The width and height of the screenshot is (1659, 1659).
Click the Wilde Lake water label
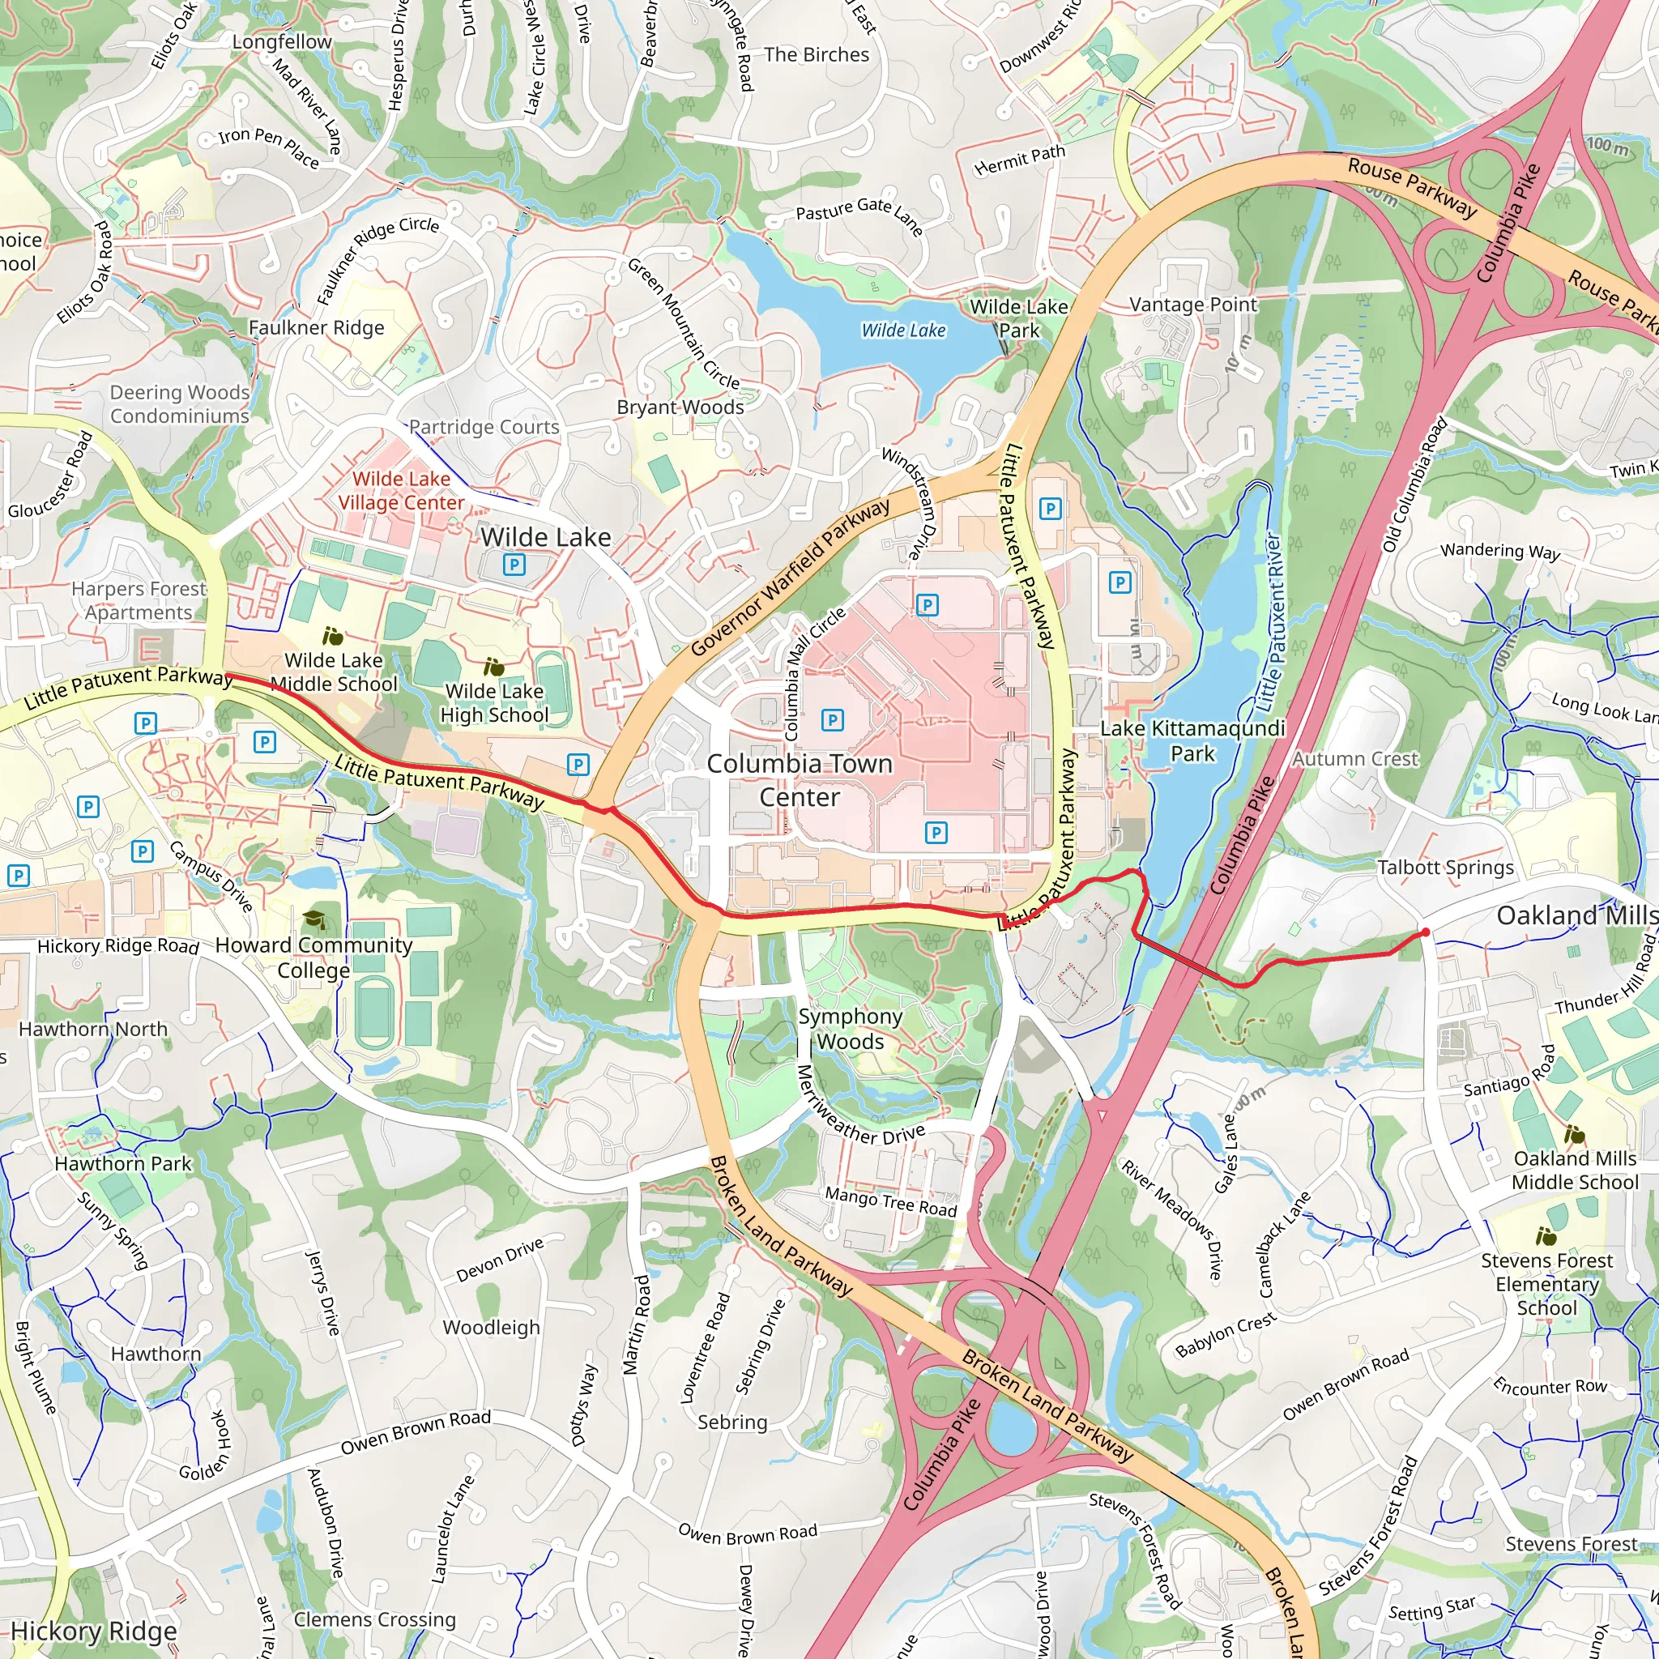[903, 331]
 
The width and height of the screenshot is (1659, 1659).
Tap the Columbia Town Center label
[799, 780]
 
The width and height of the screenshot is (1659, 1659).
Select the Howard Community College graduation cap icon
[314, 919]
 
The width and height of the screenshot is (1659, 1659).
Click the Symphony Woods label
[850, 1029]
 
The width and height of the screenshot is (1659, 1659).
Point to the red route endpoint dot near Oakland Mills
[1426, 932]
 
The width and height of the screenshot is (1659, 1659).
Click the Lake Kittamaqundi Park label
[1192, 741]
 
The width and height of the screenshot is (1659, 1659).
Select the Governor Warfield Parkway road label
[790, 577]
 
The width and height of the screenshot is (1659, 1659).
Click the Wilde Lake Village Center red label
[401, 490]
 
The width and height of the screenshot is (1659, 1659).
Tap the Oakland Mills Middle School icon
[1574, 1135]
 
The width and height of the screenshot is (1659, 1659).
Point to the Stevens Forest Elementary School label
[1546, 1284]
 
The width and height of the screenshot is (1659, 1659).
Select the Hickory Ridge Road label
[118, 946]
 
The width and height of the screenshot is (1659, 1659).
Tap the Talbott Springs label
[1446, 868]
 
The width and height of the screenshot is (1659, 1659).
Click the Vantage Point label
[1192, 305]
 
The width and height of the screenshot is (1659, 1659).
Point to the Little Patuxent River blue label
[1270, 623]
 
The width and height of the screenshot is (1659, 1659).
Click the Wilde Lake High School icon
[494, 667]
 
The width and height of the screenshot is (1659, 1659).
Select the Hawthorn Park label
[123, 1163]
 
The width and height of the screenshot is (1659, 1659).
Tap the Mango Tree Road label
[890, 1202]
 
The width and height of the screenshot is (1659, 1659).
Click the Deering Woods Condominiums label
[180, 403]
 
